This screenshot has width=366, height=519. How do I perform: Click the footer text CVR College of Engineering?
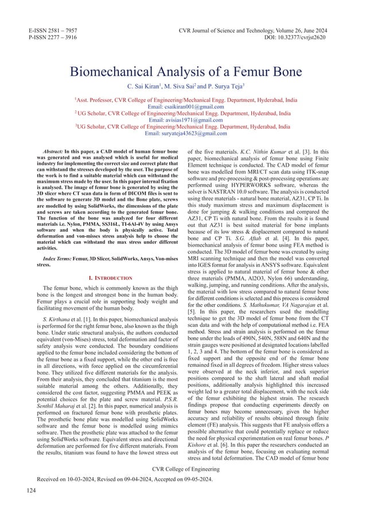183,485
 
